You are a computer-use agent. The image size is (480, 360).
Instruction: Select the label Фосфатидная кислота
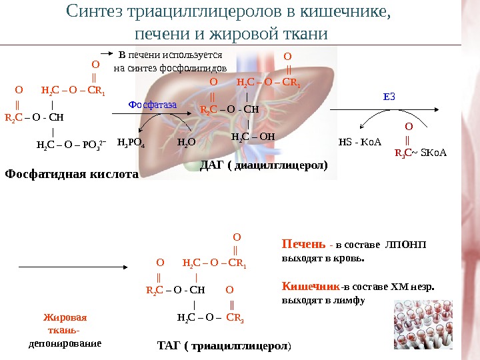[71, 175]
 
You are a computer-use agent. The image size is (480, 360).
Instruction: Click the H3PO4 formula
[131, 142]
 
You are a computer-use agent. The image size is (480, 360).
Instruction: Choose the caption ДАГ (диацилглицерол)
[265, 164]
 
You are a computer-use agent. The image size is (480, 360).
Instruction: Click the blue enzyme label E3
[389, 97]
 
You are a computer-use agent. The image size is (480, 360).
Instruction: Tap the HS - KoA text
[359, 142]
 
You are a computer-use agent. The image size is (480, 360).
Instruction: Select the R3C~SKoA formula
[420, 153]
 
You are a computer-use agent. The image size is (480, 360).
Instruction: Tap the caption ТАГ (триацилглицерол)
[224, 346]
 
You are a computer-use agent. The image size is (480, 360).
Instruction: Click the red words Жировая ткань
[65, 323]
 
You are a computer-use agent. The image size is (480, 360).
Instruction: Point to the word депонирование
[65, 344]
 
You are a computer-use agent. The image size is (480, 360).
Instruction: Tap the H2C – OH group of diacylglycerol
[253, 137]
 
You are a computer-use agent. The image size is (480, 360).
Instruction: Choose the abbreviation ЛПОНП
[406, 244]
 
